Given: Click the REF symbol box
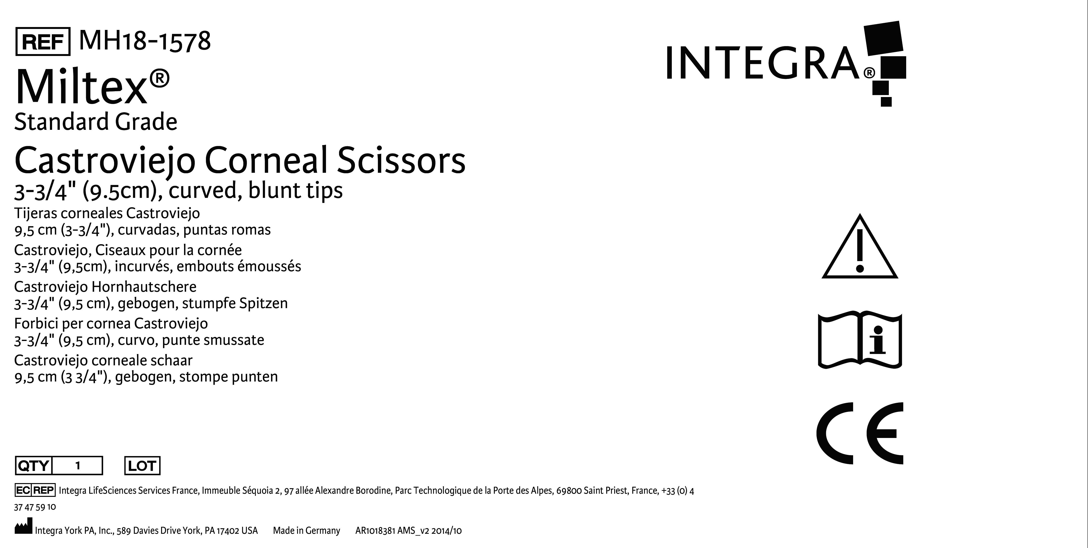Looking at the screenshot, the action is pyautogui.click(x=43, y=42).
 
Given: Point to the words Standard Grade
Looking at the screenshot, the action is pyautogui.click(x=96, y=122).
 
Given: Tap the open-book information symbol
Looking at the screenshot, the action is pyautogui.click(x=860, y=340).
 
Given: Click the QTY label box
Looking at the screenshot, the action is pyautogui.click(x=33, y=466).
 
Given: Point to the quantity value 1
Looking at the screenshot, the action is pyautogui.click(x=78, y=466).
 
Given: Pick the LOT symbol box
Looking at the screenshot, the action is pyautogui.click(x=142, y=466).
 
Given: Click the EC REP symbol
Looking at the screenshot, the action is pyautogui.click(x=35, y=490).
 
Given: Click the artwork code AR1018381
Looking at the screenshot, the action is pyautogui.click(x=375, y=531).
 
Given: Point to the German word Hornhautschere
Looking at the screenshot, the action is pyautogui.click(x=144, y=287).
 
